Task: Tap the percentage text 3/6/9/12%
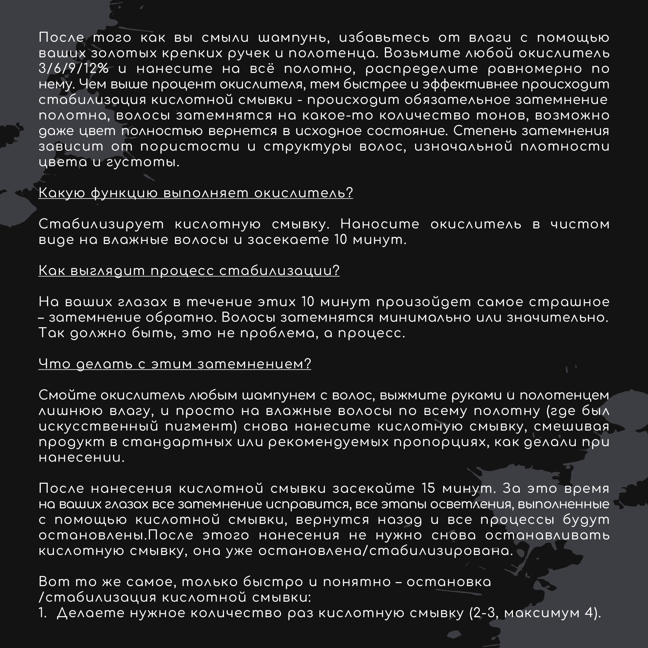click(x=73, y=69)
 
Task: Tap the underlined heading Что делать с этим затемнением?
click(x=175, y=364)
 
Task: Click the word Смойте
click(x=67, y=395)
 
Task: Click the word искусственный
click(x=98, y=426)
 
